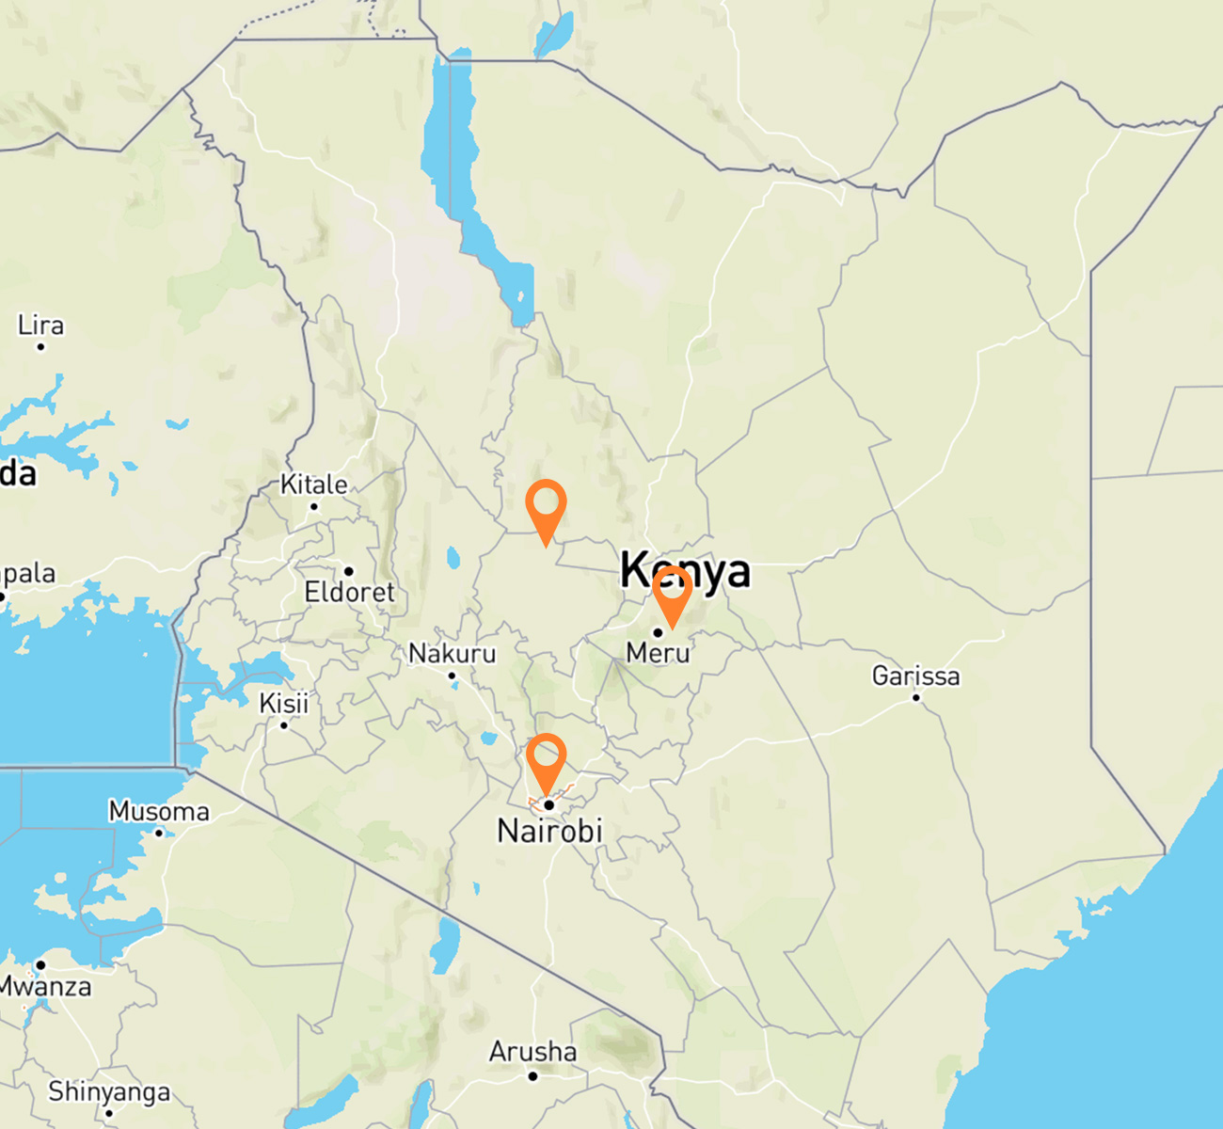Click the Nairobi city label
[549, 831]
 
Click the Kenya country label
[686, 570]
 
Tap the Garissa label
[915, 676]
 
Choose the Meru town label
[658, 652]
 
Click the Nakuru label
[452, 653]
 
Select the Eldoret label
[349, 592]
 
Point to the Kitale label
[314, 485]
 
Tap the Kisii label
[283, 703]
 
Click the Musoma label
[159, 811]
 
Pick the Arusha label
[532, 1051]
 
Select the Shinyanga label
[109, 1091]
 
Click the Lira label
[40, 326]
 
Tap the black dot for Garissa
[916, 697]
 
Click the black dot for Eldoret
[348, 571]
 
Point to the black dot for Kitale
[314, 506]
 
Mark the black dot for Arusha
[532, 1075]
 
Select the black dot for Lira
[40, 347]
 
